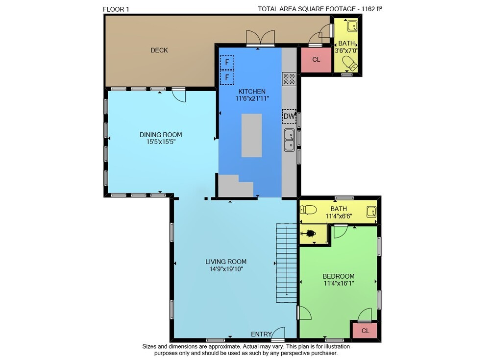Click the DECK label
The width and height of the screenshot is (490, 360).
tap(159, 50)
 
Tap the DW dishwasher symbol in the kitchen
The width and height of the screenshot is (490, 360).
tap(289, 116)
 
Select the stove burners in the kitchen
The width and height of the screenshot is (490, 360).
tap(289, 79)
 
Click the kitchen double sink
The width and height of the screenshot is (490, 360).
tap(290, 140)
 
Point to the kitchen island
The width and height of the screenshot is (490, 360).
tap(251, 135)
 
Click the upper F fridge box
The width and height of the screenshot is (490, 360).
tap(227, 62)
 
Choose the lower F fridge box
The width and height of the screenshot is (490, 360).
tap(227, 77)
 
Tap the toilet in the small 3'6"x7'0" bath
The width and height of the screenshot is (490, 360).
tap(350, 64)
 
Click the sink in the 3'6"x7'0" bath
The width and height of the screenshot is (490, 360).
tap(352, 26)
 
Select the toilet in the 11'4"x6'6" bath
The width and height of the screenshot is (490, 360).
tap(308, 209)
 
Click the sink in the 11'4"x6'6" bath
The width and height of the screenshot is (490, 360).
tap(371, 212)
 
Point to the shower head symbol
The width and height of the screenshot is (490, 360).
tap(309, 234)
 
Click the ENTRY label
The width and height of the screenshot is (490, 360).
tap(261, 334)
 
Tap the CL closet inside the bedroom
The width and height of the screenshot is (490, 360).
tap(365, 331)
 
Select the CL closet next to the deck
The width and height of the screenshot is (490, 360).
tap(316, 59)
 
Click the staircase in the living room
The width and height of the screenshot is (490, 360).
tap(286, 263)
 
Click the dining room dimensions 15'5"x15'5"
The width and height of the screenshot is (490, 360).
tap(161, 142)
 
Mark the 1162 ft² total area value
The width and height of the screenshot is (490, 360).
tap(372, 9)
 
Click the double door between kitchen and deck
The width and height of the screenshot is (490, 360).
tap(260, 38)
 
